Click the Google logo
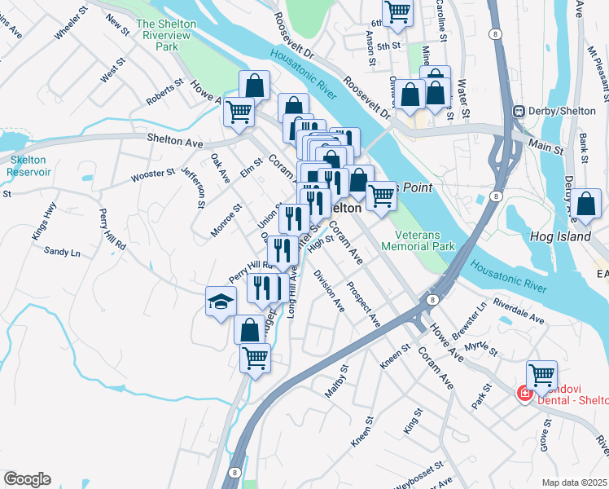(27, 479)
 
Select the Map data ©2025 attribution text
(575, 482)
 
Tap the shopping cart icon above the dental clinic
(541, 376)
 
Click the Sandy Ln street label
(62, 253)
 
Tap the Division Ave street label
(329, 291)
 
